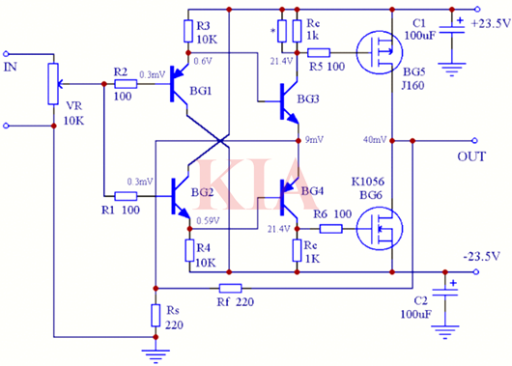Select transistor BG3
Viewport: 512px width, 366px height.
coord(289,100)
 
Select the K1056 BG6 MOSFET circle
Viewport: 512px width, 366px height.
coord(376,229)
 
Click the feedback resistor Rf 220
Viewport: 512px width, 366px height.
coord(230,288)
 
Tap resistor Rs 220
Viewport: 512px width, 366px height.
coord(155,315)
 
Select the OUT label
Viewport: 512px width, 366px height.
coord(471,155)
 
